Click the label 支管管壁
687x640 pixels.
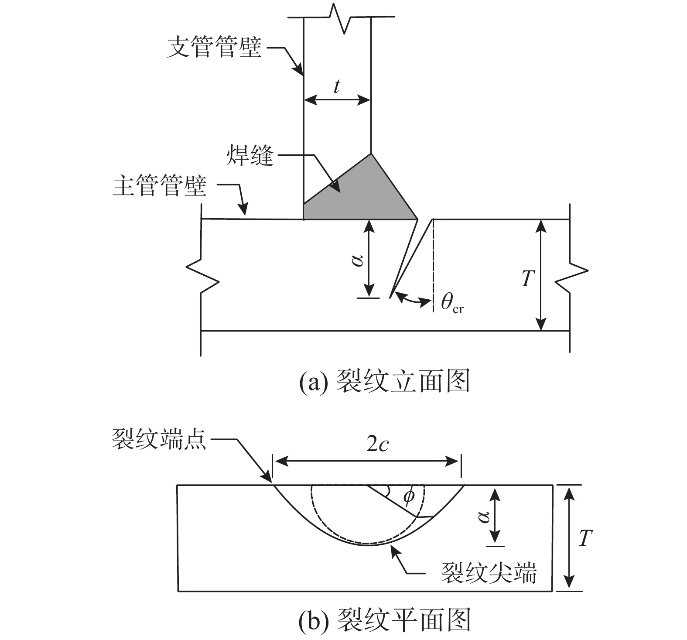tap(214, 48)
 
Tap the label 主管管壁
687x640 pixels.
tap(160, 186)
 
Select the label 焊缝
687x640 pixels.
tap(250, 156)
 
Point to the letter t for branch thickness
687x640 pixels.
tap(336, 87)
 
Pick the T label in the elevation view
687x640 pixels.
tap(528, 277)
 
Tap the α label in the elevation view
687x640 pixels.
tap(358, 260)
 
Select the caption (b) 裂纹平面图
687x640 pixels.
tap(384, 620)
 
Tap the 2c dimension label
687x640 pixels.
tap(377, 445)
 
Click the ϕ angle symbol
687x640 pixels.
tap(408, 496)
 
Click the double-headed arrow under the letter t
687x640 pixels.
tap(337, 101)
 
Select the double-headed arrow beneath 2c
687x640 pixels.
tap(366, 460)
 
